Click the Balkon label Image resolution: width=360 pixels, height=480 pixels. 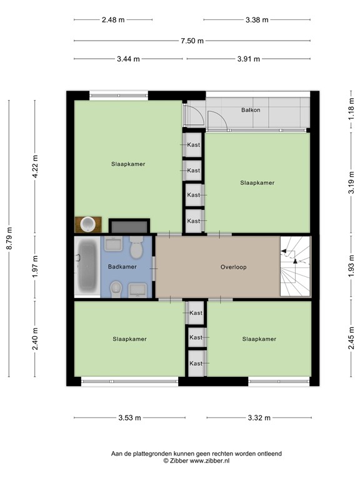251,110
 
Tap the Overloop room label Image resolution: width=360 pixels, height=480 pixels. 233,267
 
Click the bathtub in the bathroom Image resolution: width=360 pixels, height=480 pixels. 86,267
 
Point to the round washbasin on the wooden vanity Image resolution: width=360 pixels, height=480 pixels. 89,224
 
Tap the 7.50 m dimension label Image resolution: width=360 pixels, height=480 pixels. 192,41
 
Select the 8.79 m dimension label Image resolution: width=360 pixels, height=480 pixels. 9,238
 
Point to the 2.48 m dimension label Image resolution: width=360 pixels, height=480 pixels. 112,19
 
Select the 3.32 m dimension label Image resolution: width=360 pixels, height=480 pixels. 258,418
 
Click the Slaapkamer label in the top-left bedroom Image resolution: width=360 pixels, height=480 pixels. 128,164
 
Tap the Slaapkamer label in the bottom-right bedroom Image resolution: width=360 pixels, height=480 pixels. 259,339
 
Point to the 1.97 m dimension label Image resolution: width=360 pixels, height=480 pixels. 35,266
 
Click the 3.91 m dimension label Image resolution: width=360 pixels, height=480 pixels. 248,59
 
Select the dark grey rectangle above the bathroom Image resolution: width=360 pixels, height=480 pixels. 129,226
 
